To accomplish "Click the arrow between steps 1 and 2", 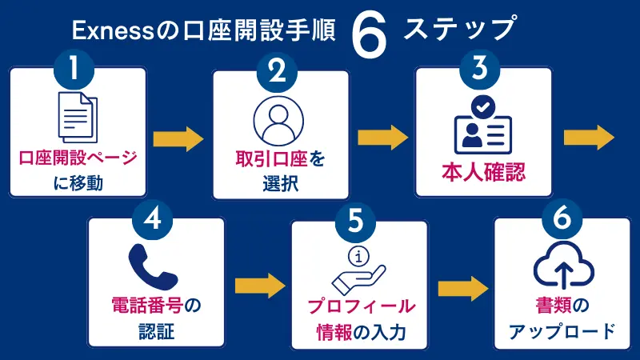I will (178, 138).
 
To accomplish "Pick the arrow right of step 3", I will (589, 138).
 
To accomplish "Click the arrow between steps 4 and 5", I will (261, 285).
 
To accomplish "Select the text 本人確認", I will (483, 171).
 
